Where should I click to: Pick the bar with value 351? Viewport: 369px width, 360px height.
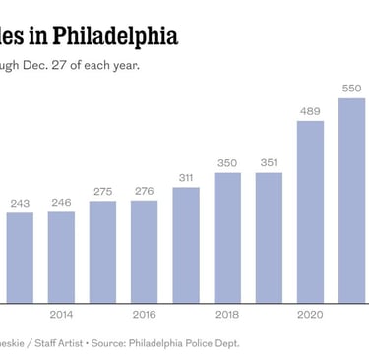[x=268, y=236]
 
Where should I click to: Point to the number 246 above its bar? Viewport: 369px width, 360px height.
[x=61, y=203]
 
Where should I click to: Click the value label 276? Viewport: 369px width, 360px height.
[x=144, y=192]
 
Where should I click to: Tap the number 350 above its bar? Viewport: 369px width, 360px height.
[x=226, y=163]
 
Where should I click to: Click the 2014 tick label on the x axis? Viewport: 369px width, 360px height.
[x=61, y=315]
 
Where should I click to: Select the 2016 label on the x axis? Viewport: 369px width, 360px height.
[x=144, y=315]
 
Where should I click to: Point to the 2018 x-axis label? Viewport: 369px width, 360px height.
[x=226, y=315]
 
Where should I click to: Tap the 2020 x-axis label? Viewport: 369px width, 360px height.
[x=310, y=315]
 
